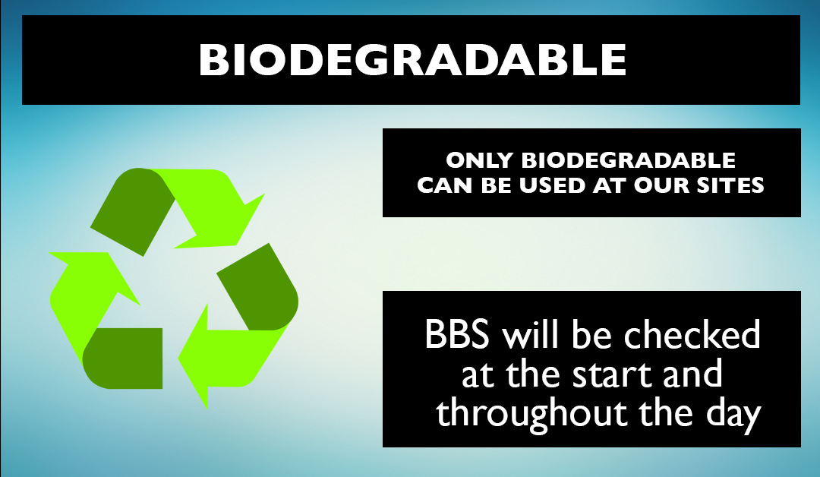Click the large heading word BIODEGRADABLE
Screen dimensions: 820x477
point(412,59)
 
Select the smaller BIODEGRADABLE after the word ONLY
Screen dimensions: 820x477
point(628,160)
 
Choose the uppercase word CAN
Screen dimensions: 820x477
point(445,185)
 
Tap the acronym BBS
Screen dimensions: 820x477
point(457,334)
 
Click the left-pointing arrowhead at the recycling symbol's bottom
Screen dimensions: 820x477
point(194,358)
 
